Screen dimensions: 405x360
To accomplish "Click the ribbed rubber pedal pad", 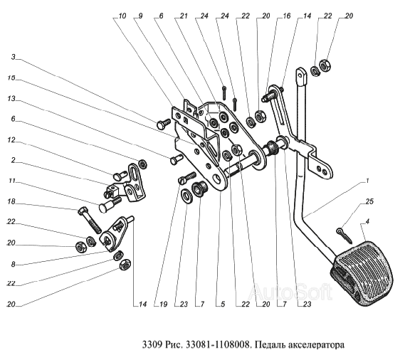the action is point(361,272).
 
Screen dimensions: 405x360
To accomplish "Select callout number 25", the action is point(369,201).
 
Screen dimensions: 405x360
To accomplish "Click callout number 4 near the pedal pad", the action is point(367,221).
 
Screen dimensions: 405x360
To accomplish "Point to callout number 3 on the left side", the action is point(14,57).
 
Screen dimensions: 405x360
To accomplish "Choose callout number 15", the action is point(11,78).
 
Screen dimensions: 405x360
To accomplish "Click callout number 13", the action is point(11,98).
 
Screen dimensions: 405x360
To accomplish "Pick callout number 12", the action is point(11,139).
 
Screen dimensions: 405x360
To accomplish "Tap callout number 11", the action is point(11,181).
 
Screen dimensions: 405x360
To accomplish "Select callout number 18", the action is point(11,201).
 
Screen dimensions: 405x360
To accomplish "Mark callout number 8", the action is point(14,264).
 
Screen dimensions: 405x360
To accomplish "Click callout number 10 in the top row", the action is point(122,16).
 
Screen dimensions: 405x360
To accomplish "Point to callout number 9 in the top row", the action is point(140,16).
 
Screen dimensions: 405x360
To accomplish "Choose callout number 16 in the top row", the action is point(286,16).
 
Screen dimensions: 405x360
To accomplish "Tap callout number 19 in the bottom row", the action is point(163,305).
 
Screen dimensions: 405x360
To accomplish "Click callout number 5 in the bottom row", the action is point(223,305).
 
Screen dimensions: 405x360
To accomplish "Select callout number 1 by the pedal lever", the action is point(367,181).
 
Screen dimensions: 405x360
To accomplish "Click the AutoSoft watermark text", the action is point(290,291).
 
